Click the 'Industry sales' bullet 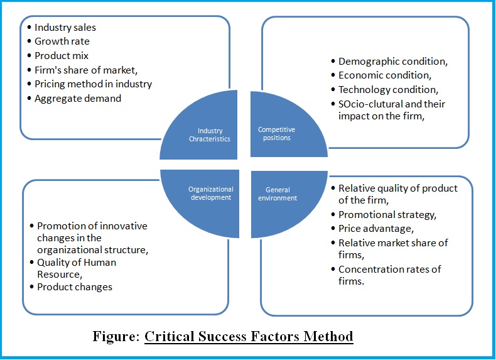(x=65, y=28)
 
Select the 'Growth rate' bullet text (x=62, y=41)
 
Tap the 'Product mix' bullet (x=62, y=56)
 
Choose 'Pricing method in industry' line (x=93, y=84)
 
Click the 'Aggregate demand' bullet (x=78, y=98)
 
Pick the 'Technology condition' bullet (x=387, y=89)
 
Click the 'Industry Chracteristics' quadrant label (x=210, y=134)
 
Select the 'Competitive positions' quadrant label (x=276, y=134)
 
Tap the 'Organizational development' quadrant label (x=210, y=193)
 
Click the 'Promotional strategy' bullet (x=386, y=215)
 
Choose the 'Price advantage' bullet (x=375, y=229)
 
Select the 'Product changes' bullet (x=75, y=286)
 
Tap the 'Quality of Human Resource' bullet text (x=77, y=268)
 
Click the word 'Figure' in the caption (x=115, y=337)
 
